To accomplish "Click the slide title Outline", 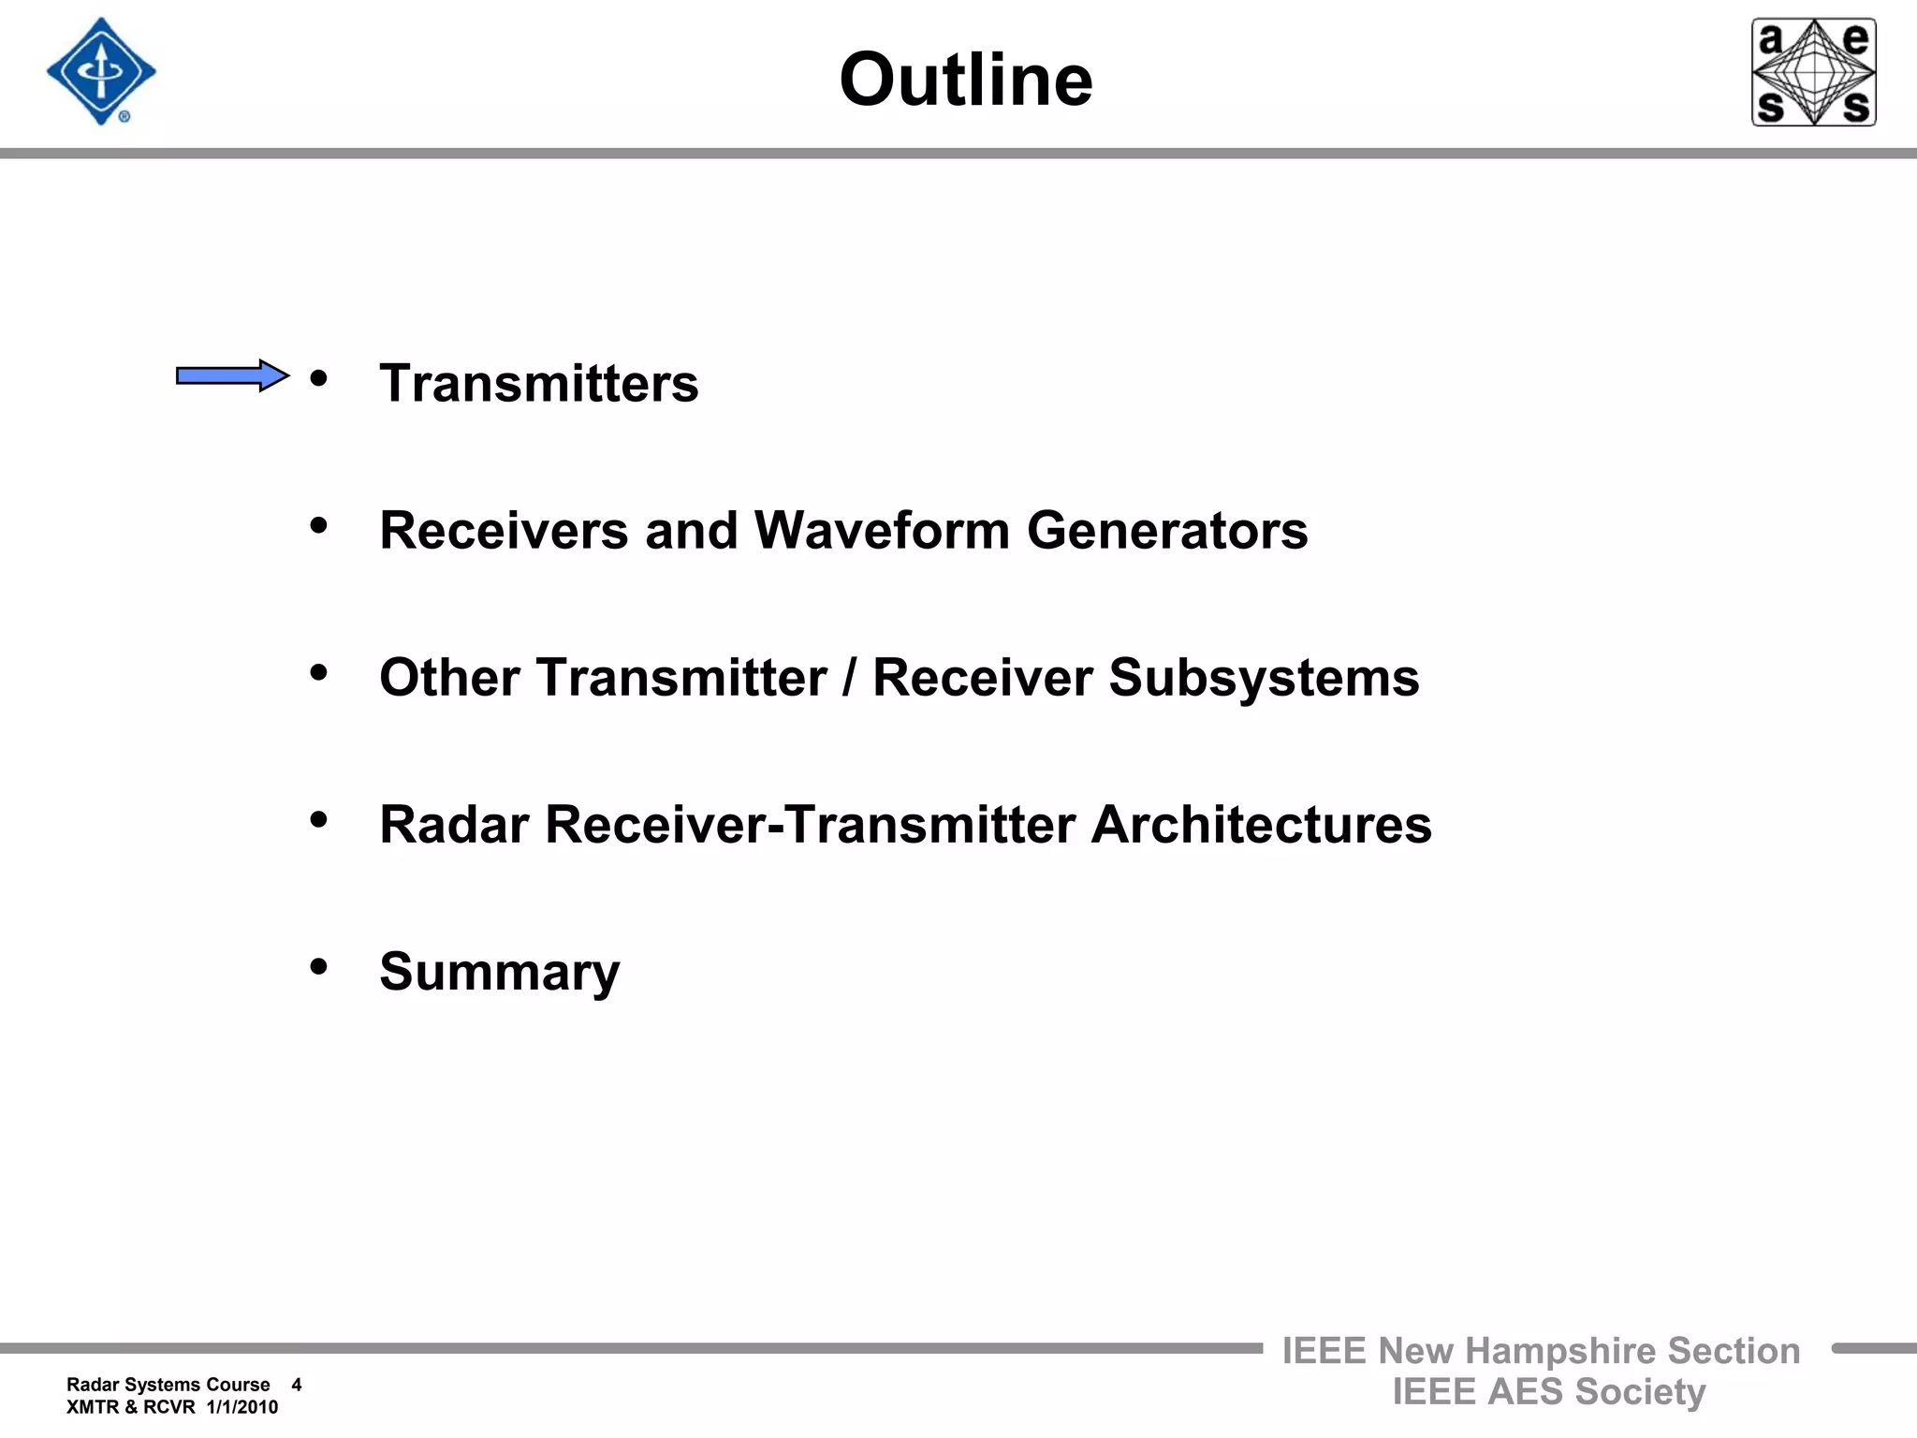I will coord(965,80).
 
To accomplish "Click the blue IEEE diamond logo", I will coord(101,72).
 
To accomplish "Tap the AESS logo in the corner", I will coord(1813,72).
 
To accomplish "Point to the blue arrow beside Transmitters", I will coord(232,375).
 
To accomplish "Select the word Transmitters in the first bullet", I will coord(538,384).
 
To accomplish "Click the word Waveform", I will coord(882,531).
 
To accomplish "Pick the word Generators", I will coord(1167,531).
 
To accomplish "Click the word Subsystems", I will coord(1264,678).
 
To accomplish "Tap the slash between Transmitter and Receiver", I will coord(849,678).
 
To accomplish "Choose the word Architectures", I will coord(1261,825).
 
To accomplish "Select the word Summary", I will coord(499,972).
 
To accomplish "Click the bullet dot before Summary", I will coord(318,965).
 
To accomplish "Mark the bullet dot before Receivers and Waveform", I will coord(318,525).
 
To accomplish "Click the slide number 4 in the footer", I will coord(297,1385).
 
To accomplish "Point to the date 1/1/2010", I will coord(241,1407).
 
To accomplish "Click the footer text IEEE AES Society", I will coord(1548,1392).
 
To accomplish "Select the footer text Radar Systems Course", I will coord(168,1385).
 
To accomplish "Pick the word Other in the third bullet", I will coord(449,678).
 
